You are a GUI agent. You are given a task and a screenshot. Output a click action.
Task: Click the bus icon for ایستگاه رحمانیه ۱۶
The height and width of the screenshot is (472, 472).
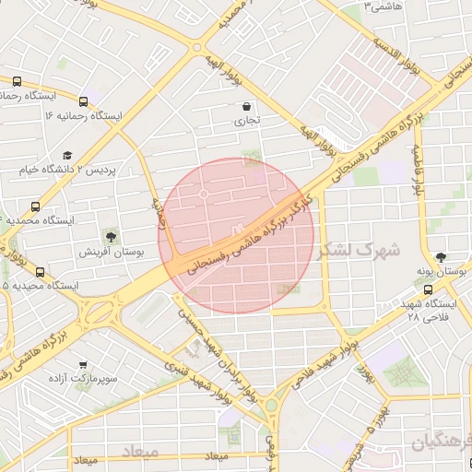[84, 102]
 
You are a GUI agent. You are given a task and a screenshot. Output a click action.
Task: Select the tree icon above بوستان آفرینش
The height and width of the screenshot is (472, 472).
[112, 237]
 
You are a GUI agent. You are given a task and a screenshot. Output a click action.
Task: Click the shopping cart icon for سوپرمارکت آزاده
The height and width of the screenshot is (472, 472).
[84, 364]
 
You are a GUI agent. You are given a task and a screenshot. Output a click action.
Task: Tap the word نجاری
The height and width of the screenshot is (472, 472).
[246, 120]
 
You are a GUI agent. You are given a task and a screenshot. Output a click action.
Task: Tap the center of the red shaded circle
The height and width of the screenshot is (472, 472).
[236, 236]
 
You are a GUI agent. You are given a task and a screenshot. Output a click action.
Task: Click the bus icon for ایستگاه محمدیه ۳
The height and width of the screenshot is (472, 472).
[36, 206]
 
